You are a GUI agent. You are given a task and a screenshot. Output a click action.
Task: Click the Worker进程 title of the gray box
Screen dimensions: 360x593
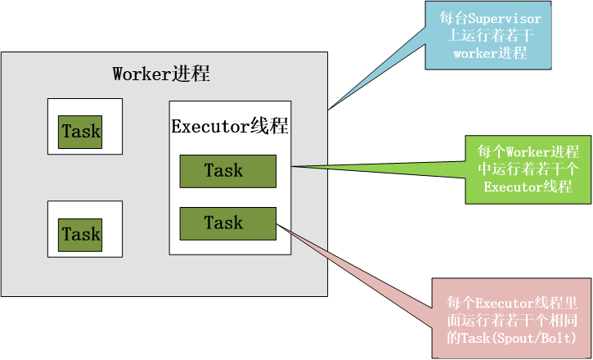point(161,74)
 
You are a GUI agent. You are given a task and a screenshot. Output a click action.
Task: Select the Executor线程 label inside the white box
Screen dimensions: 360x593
point(229,127)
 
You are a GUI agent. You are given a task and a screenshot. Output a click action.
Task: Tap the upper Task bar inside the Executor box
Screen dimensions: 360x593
point(228,171)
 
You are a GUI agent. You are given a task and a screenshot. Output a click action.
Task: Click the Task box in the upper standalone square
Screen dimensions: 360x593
point(81,132)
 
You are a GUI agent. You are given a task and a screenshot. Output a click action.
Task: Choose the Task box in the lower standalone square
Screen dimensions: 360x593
point(81,235)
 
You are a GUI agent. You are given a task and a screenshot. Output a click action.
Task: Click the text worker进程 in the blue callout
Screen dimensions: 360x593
point(489,53)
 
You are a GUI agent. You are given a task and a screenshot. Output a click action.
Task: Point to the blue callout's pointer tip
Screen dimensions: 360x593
point(328,110)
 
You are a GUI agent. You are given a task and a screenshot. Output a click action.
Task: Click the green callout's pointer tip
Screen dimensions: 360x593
point(291,167)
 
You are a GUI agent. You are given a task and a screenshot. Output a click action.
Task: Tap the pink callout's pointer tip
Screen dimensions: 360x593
point(278,227)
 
